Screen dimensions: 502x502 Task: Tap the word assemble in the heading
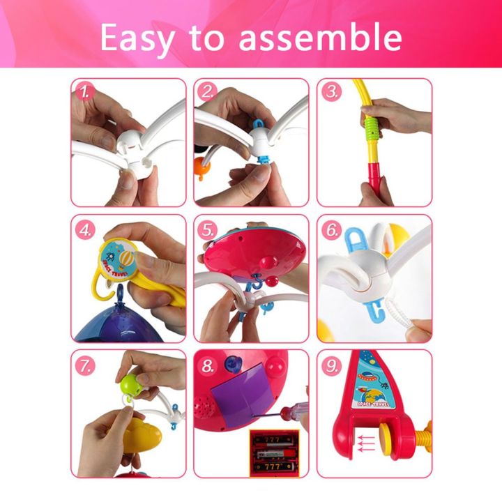coord(320,38)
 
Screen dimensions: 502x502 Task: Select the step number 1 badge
coord(86,92)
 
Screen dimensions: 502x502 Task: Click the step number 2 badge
coord(208,92)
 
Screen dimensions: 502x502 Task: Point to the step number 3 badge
coord(332,92)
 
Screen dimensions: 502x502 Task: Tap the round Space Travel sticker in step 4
coord(119,258)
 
